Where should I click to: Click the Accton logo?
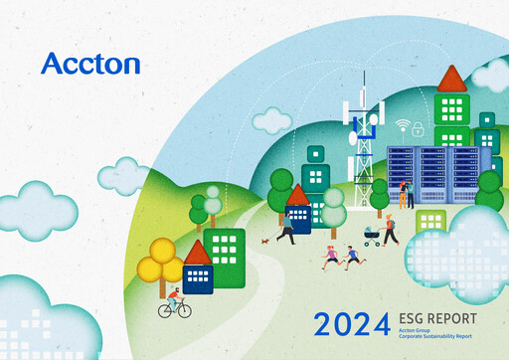pos(90,64)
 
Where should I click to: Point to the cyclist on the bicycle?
pos(174,302)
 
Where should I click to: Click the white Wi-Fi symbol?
pos(402,126)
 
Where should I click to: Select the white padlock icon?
pos(419,128)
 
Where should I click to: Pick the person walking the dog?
pos(286,229)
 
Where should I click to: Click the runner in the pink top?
pos(331,258)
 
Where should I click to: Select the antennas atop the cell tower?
pos(365,112)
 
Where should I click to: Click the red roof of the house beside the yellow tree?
pos(198,253)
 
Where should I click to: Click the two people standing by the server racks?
pos(406,193)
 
